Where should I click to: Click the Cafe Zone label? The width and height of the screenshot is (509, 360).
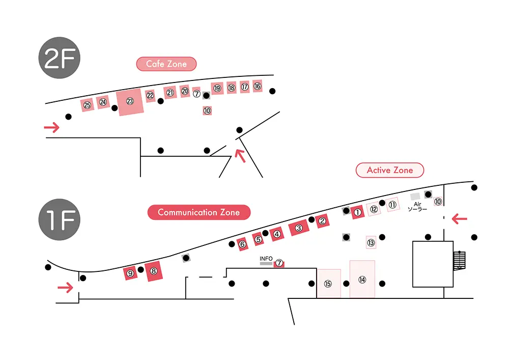coord(166,64)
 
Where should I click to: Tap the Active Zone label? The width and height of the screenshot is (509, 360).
coord(389,170)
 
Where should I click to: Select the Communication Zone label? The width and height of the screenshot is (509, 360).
coord(199,212)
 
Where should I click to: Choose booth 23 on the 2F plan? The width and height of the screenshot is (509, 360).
coord(130,102)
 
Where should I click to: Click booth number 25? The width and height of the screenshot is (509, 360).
coord(88,105)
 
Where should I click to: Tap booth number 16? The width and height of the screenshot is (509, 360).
coord(258,86)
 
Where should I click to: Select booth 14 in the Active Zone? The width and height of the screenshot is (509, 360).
coord(362,279)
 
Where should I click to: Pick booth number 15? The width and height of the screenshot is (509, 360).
coord(328,284)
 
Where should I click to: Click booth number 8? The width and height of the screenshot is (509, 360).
coord(153,271)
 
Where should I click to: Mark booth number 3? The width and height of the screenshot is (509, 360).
coord(299,228)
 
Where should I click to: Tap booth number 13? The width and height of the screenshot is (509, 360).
coord(371,243)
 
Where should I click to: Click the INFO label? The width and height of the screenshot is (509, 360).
coord(266,259)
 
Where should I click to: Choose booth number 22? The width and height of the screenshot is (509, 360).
coord(150,95)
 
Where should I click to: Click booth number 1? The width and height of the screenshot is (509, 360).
coord(357,212)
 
